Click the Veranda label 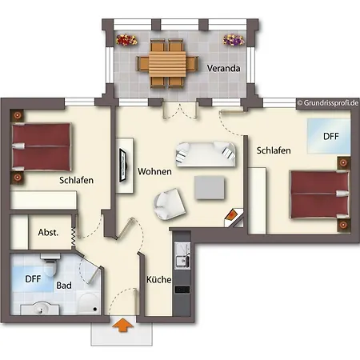tap(223, 68)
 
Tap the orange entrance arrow tap(122, 325)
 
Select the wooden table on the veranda tap(167, 64)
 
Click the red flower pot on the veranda tap(126, 40)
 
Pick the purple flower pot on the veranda tap(234, 40)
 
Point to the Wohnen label tap(154, 171)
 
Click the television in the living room tap(122, 166)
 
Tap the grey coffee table tap(210, 188)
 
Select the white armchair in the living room tap(169, 204)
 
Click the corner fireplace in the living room tap(234, 218)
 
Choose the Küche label tap(159, 279)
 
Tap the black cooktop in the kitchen tap(182, 290)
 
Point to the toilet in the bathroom tap(50, 266)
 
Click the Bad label tap(64, 286)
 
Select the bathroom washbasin tap(40, 308)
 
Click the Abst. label tap(48, 233)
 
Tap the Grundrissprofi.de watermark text tap(328, 103)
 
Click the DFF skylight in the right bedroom tap(329, 136)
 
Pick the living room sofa tap(206, 154)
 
